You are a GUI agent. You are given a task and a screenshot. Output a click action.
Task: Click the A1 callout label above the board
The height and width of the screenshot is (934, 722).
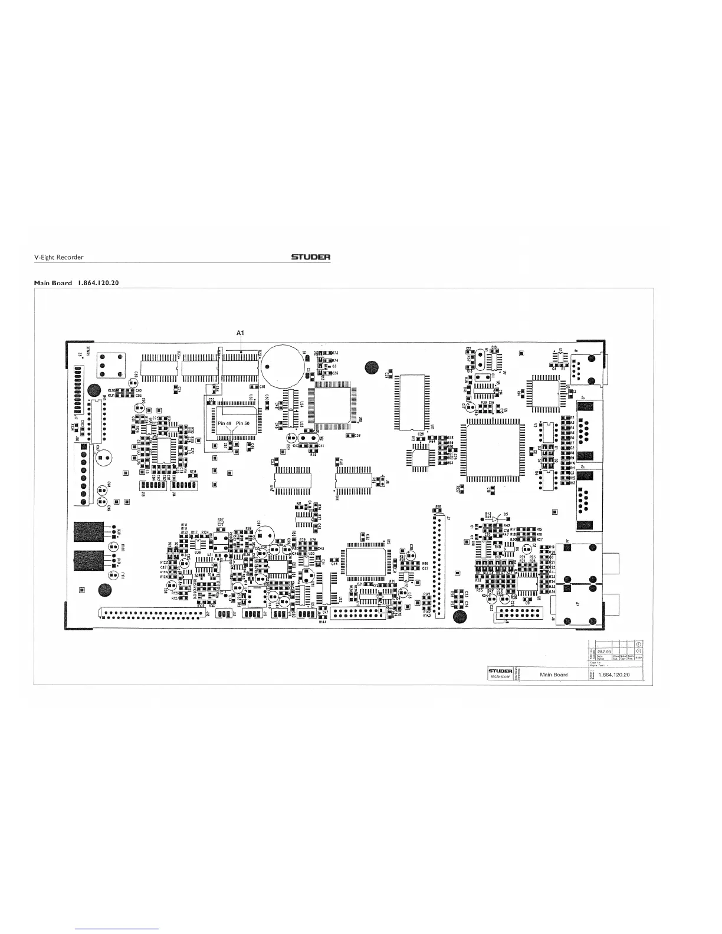pyautogui.click(x=240, y=333)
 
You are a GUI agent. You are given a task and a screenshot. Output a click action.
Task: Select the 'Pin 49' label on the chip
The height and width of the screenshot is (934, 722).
pyautogui.click(x=225, y=424)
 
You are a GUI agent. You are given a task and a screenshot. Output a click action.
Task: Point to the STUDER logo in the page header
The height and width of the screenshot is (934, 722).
pyautogui.click(x=310, y=257)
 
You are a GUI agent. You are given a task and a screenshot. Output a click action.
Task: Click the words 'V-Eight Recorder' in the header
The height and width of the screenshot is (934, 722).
pyautogui.click(x=58, y=257)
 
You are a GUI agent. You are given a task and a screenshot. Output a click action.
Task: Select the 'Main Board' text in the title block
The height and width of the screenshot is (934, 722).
pyautogui.click(x=554, y=675)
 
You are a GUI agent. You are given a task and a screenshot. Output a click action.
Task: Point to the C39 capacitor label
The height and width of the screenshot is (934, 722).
pyautogui.click(x=357, y=435)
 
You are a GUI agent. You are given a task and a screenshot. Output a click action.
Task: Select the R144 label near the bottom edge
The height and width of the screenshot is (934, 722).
pyautogui.click(x=322, y=622)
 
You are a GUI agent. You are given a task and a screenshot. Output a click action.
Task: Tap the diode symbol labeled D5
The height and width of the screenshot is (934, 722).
pyautogui.click(x=499, y=518)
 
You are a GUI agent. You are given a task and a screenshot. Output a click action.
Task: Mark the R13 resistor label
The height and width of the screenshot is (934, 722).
pyautogui.click(x=572, y=482)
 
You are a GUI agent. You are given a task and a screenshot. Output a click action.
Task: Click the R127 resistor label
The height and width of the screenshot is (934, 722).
pyautogui.click(x=175, y=598)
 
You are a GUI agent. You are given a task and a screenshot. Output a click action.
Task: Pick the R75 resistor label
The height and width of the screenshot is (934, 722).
pyautogui.click(x=313, y=455)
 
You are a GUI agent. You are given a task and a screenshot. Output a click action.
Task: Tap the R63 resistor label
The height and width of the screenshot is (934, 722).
pyautogui.click(x=450, y=463)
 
